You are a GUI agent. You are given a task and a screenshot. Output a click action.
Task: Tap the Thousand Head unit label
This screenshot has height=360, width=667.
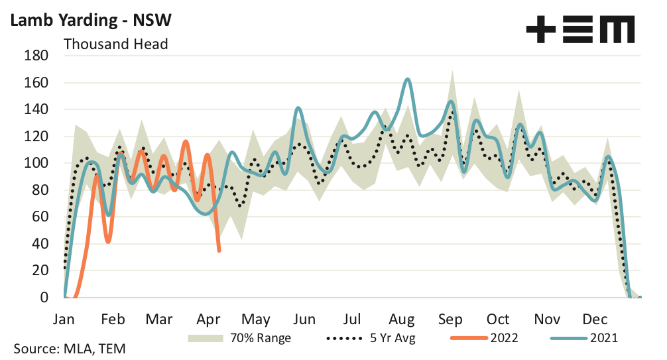115,44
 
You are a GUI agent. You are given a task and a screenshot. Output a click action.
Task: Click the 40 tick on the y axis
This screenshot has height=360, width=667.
39,243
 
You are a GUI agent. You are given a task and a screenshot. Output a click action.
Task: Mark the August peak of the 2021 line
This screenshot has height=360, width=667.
407,80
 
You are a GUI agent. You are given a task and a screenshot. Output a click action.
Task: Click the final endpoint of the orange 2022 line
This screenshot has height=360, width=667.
219,251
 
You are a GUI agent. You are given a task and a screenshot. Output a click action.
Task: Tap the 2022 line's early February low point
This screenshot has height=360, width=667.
108,241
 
